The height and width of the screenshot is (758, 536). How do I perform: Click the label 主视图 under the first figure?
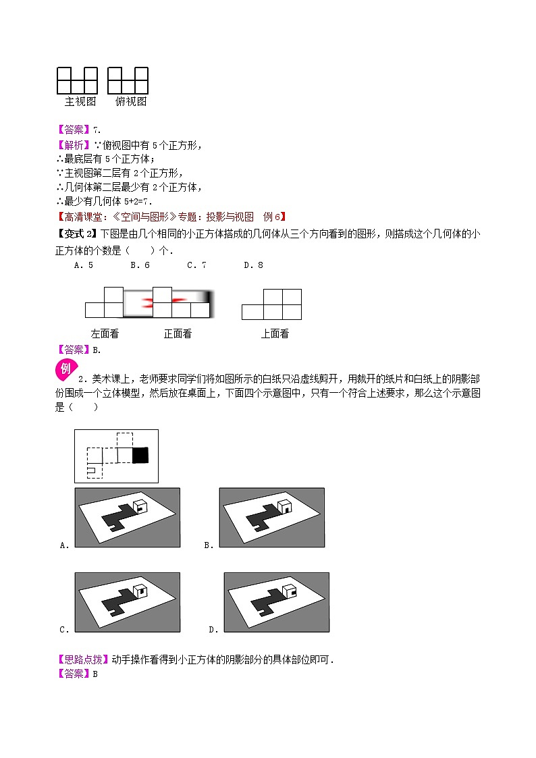tap(80, 102)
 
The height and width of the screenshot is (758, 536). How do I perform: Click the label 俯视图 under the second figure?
tap(131, 102)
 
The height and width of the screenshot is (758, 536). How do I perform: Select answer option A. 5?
tap(83, 265)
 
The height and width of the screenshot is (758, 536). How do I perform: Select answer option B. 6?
tap(139, 265)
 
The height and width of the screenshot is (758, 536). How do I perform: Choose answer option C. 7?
tap(196, 265)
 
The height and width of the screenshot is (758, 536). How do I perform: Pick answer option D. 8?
tap(253, 265)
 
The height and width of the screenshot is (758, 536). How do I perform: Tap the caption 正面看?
tap(178, 333)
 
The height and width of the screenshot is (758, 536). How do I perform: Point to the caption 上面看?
tap(275, 333)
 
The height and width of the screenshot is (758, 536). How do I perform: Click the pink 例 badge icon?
tap(65, 369)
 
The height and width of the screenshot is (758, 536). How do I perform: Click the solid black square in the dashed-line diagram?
tap(140, 456)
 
